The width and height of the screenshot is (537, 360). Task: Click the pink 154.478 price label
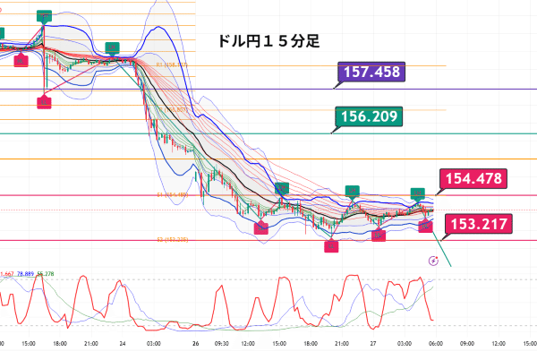tap(473, 179)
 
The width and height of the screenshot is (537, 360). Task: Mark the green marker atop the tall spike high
tap(44, 16)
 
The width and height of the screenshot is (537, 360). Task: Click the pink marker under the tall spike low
tap(44, 103)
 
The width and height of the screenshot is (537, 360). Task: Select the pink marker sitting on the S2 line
tap(331, 244)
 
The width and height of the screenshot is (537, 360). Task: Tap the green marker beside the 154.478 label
tap(417, 193)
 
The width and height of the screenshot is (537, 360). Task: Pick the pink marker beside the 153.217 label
tap(426, 227)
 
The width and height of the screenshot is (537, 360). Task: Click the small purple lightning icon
tap(434, 261)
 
